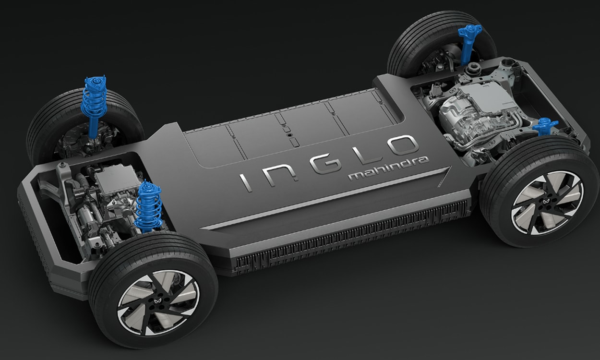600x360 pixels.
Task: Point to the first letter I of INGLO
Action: click(246, 181)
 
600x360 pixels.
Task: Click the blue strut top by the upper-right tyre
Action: click(468, 37)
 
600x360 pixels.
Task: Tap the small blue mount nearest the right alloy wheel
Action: click(545, 127)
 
